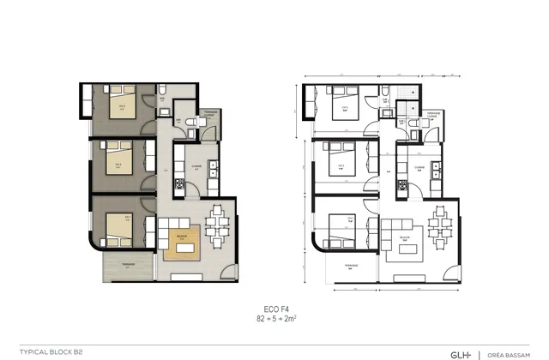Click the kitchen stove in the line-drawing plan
click(x=404, y=183)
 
